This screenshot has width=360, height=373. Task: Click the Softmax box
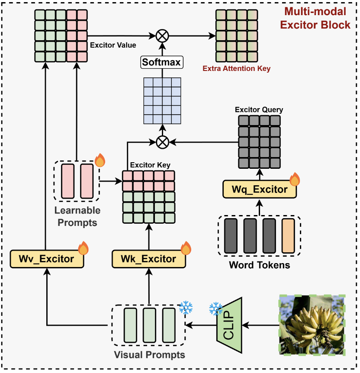coord(162,62)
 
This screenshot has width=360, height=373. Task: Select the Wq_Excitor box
coord(260,190)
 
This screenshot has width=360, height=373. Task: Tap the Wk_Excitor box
coord(148,259)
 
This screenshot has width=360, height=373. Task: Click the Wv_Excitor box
coord(46,259)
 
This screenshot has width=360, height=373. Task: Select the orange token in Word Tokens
coord(288,236)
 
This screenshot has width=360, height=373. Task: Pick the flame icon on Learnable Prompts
coord(100,160)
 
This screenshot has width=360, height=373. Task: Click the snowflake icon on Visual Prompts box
coord(186,308)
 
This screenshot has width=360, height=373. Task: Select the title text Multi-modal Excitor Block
coord(315,18)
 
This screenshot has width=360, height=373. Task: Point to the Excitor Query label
coord(259,109)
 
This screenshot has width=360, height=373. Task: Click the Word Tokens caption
coord(260,265)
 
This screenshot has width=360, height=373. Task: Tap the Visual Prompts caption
coord(149,355)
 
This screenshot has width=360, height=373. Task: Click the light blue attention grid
coord(162,100)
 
